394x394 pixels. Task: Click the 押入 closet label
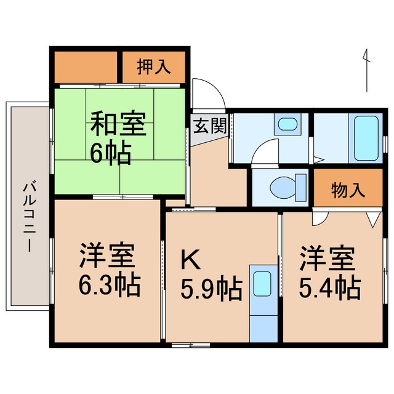(153, 67)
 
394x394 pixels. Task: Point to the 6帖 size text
(110, 153)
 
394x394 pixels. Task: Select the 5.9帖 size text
(210, 288)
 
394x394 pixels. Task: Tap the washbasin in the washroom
(286, 125)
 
